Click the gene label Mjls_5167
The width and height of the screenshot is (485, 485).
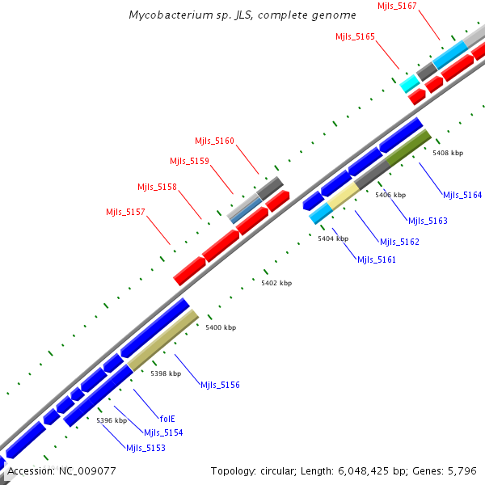(x=397, y=6)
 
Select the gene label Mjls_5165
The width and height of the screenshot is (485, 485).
(x=355, y=36)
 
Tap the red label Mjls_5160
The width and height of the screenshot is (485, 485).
(x=214, y=141)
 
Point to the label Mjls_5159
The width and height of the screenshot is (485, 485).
(x=189, y=161)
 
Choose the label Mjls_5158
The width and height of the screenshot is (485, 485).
(x=157, y=187)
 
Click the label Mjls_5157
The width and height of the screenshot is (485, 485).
(x=125, y=212)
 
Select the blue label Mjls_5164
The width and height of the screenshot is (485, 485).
(x=462, y=195)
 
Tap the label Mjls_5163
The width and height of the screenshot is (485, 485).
(x=428, y=221)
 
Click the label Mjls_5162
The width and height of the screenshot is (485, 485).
(x=399, y=242)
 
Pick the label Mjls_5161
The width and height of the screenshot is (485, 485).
(x=377, y=259)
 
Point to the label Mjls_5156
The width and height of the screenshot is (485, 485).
(x=220, y=385)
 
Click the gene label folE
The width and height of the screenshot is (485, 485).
(x=167, y=419)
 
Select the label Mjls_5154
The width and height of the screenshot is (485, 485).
(x=163, y=432)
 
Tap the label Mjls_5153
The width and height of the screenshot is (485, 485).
(x=145, y=447)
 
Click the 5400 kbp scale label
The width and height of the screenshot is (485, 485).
(x=221, y=327)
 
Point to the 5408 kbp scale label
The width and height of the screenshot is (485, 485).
(x=448, y=153)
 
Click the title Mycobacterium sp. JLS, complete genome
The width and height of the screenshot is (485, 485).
(x=242, y=15)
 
